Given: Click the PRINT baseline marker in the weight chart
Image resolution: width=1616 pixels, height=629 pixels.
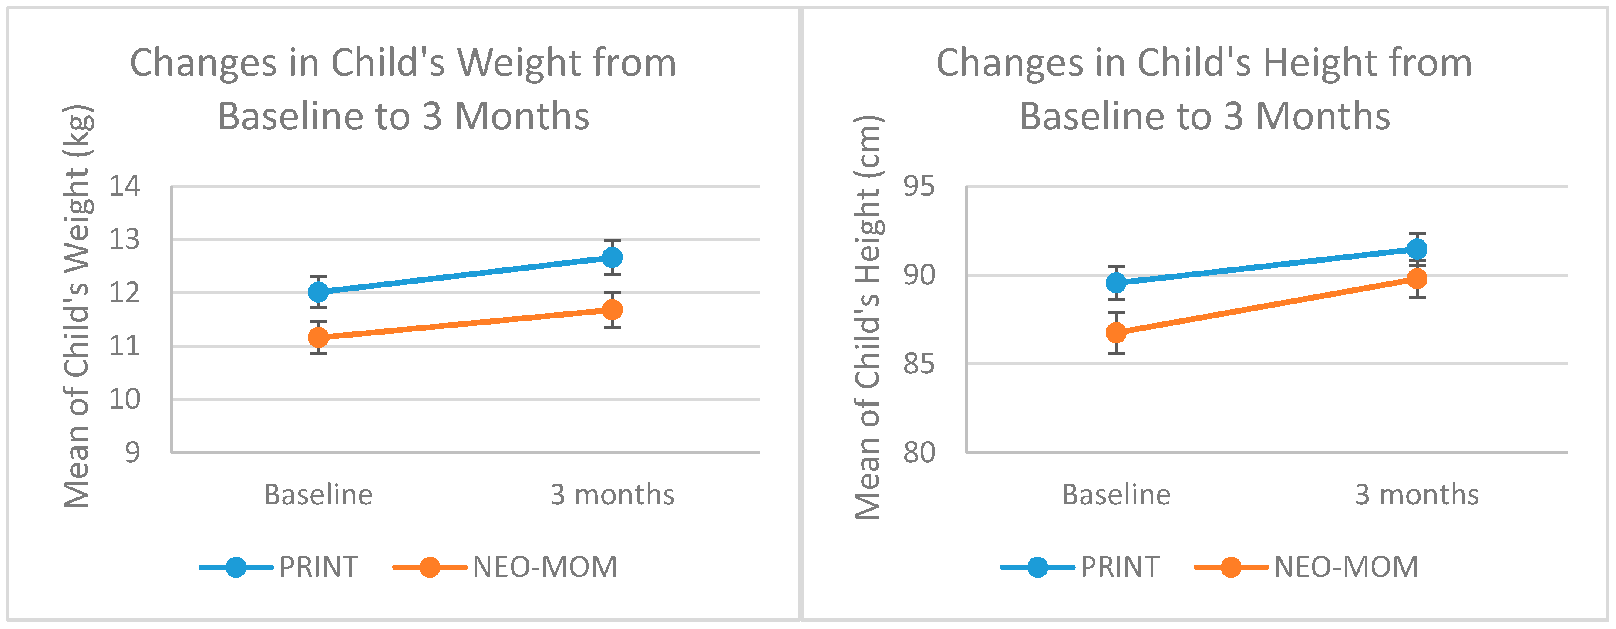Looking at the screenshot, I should (319, 292).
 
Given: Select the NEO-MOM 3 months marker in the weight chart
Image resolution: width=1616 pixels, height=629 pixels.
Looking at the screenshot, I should (612, 309).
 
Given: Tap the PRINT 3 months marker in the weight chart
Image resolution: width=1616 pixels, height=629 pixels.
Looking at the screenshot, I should (612, 257).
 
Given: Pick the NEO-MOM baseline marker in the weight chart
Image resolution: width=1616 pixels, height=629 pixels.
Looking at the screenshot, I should (319, 338).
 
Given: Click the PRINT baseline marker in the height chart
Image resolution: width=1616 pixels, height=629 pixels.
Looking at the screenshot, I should (1116, 283).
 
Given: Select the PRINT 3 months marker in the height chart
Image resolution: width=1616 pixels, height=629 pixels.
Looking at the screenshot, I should (1417, 249).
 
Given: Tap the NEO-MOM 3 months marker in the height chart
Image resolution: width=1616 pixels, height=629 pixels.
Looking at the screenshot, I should (1417, 278).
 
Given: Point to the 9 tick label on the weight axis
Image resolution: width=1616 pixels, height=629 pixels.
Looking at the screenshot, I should (132, 452).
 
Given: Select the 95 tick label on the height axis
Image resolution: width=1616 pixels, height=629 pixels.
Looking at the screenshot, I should (919, 186).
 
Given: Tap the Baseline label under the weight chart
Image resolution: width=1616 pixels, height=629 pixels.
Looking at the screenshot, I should (318, 495).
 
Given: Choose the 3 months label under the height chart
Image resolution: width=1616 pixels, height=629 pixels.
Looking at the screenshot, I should (1417, 495).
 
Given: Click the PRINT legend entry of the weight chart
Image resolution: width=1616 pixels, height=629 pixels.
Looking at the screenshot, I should (279, 567).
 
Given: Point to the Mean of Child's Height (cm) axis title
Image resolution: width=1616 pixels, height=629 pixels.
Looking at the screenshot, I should (869, 317).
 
